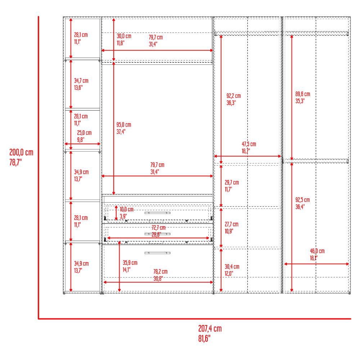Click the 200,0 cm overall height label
pyautogui.click(x=21, y=153)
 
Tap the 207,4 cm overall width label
pyautogui.click(x=210, y=329)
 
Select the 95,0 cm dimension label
pyautogui.click(x=123, y=125)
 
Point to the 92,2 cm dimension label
pyautogui.click(x=233, y=96)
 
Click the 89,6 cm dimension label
pyautogui.click(x=302, y=94)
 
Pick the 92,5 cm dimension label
pyautogui.click(x=302, y=200)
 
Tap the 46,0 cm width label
pyautogui.click(x=317, y=251)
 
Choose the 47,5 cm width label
pyautogui.click(x=249, y=144)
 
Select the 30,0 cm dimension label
pyautogui.click(x=124, y=36)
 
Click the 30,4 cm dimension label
pyautogui.click(x=232, y=267)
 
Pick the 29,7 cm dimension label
pyautogui.click(x=231, y=183)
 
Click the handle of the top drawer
pyautogui.click(x=157, y=213)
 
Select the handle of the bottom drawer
pyautogui.click(x=157, y=253)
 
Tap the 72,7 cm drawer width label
pyautogui.click(x=158, y=228)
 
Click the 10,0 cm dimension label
pyautogui.click(x=126, y=210)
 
